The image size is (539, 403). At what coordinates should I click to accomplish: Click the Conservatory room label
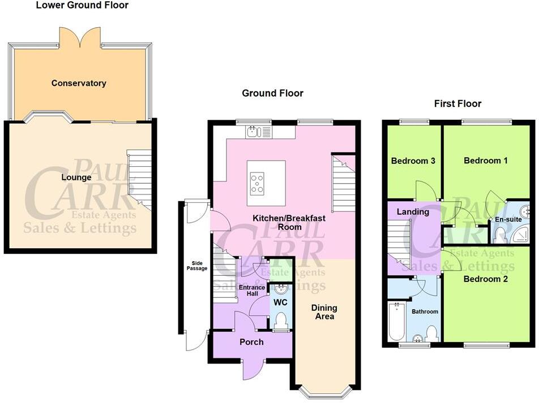(x=79, y=83)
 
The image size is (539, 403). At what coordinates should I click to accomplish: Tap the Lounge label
(x=76, y=177)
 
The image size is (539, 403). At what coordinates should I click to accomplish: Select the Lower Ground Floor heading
(x=82, y=5)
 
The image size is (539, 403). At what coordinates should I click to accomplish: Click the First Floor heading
(x=457, y=103)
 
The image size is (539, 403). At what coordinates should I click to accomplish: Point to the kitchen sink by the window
(x=259, y=132)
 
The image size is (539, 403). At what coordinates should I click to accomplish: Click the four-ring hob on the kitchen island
(x=257, y=184)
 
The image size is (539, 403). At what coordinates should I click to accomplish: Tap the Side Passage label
(x=197, y=266)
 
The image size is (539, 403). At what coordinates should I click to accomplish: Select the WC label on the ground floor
(x=280, y=302)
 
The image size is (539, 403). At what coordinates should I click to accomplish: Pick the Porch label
(x=251, y=342)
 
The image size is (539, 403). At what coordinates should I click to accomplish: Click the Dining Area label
(x=324, y=311)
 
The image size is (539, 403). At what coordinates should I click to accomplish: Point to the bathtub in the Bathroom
(x=396, y=321)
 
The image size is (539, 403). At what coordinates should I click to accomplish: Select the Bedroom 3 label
(x=413, y=161)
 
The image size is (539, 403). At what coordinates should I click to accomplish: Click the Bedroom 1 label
(x=485, y=161)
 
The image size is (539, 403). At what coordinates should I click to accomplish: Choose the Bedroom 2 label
(x=485, y=279)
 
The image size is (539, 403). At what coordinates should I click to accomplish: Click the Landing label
(x=413, y=212)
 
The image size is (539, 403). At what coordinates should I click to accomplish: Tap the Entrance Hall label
(x=252, y=291)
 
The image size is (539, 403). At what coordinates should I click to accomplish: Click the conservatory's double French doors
(x=80, y=37)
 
